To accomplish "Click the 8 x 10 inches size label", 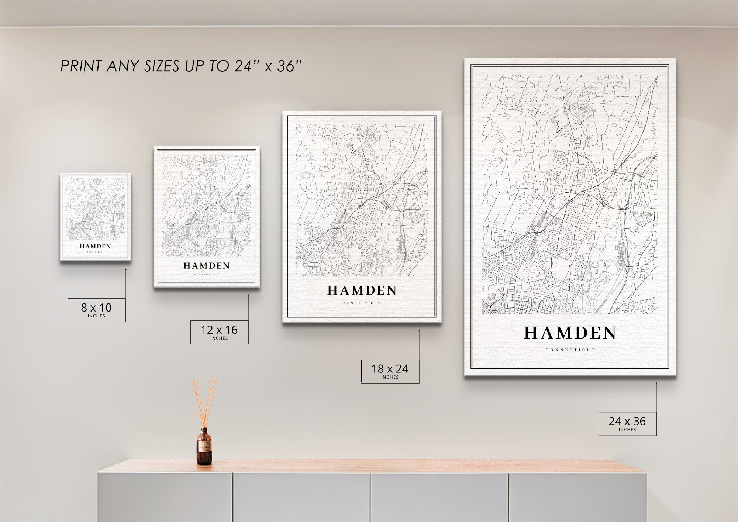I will [x=96, y=310].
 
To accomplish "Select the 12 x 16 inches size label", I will [x=219, y=332].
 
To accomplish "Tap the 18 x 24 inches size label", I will [x=390, y=371].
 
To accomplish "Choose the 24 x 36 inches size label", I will [x=627, y=423].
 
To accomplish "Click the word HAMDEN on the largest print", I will [x=570, y=333].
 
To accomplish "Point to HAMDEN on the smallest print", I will [x=95, y=246].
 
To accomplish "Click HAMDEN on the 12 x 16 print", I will [x=207, y=266].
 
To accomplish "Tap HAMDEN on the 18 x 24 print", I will [x=362, y=291].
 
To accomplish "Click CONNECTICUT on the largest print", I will [x=570, y=350].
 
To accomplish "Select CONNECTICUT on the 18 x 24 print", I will [x=362, y=303].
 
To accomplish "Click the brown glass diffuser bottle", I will [x=204, y=447].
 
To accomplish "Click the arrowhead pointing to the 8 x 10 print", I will [x=125, y=269].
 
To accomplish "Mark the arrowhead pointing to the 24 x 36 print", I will [x=656, y=383].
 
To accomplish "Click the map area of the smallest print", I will [x=95, y=209].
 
